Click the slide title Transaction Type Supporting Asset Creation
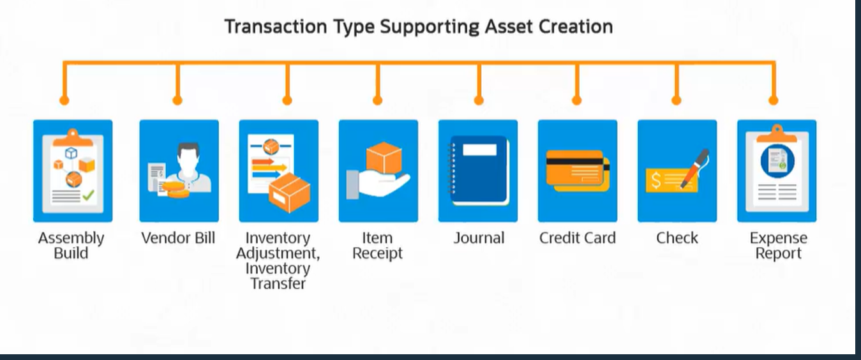418,27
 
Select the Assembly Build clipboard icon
72,170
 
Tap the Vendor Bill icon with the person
179,170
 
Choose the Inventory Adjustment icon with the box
278,170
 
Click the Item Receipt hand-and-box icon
378,170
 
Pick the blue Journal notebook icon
477,170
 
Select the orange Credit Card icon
577,170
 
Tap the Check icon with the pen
677,170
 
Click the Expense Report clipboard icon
776,170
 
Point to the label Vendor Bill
178,238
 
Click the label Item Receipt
378,246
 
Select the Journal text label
479,238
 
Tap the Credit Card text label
577,238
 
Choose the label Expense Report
778,246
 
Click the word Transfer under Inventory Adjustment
278,283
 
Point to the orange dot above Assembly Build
64,100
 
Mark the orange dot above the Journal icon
479,100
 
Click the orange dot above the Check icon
677,100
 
